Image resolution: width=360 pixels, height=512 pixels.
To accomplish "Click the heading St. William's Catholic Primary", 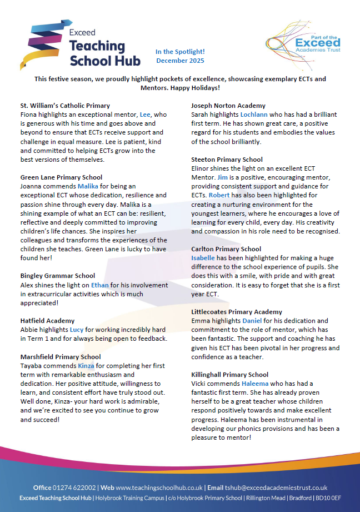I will coord(64,106).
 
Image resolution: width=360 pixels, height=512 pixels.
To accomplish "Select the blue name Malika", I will coord(88,186).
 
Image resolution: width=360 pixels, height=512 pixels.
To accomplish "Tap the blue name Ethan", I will coord(100,285).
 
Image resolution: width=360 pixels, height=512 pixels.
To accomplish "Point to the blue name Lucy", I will coord(76,330).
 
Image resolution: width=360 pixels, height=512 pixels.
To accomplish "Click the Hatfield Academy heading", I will coord(47,321).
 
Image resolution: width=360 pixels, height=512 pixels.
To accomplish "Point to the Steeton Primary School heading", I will coord(227,160).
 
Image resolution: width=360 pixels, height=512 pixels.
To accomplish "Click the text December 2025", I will coord(180,61).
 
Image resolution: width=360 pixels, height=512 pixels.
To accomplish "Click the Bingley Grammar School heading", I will coord(57,276).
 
